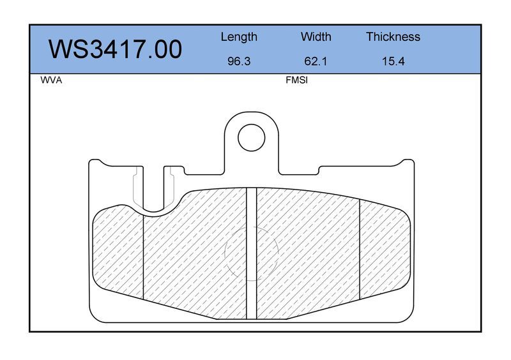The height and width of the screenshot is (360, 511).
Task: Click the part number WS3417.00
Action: [x=116, y=49]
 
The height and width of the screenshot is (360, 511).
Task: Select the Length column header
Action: [x=239, y=37]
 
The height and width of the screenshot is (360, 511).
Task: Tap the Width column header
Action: [x=316, y=36]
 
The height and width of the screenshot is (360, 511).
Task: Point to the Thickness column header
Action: [x=393, y=36]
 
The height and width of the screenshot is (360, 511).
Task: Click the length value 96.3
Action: [x=239, y=61]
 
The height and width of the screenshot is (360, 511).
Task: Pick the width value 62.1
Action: [x=316, y=61]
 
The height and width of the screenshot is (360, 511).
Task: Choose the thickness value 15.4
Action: [x=393, y=61]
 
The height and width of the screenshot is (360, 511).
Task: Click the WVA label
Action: [x=51, y=80]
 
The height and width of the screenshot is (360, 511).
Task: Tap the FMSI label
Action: [x=296, y=80]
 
